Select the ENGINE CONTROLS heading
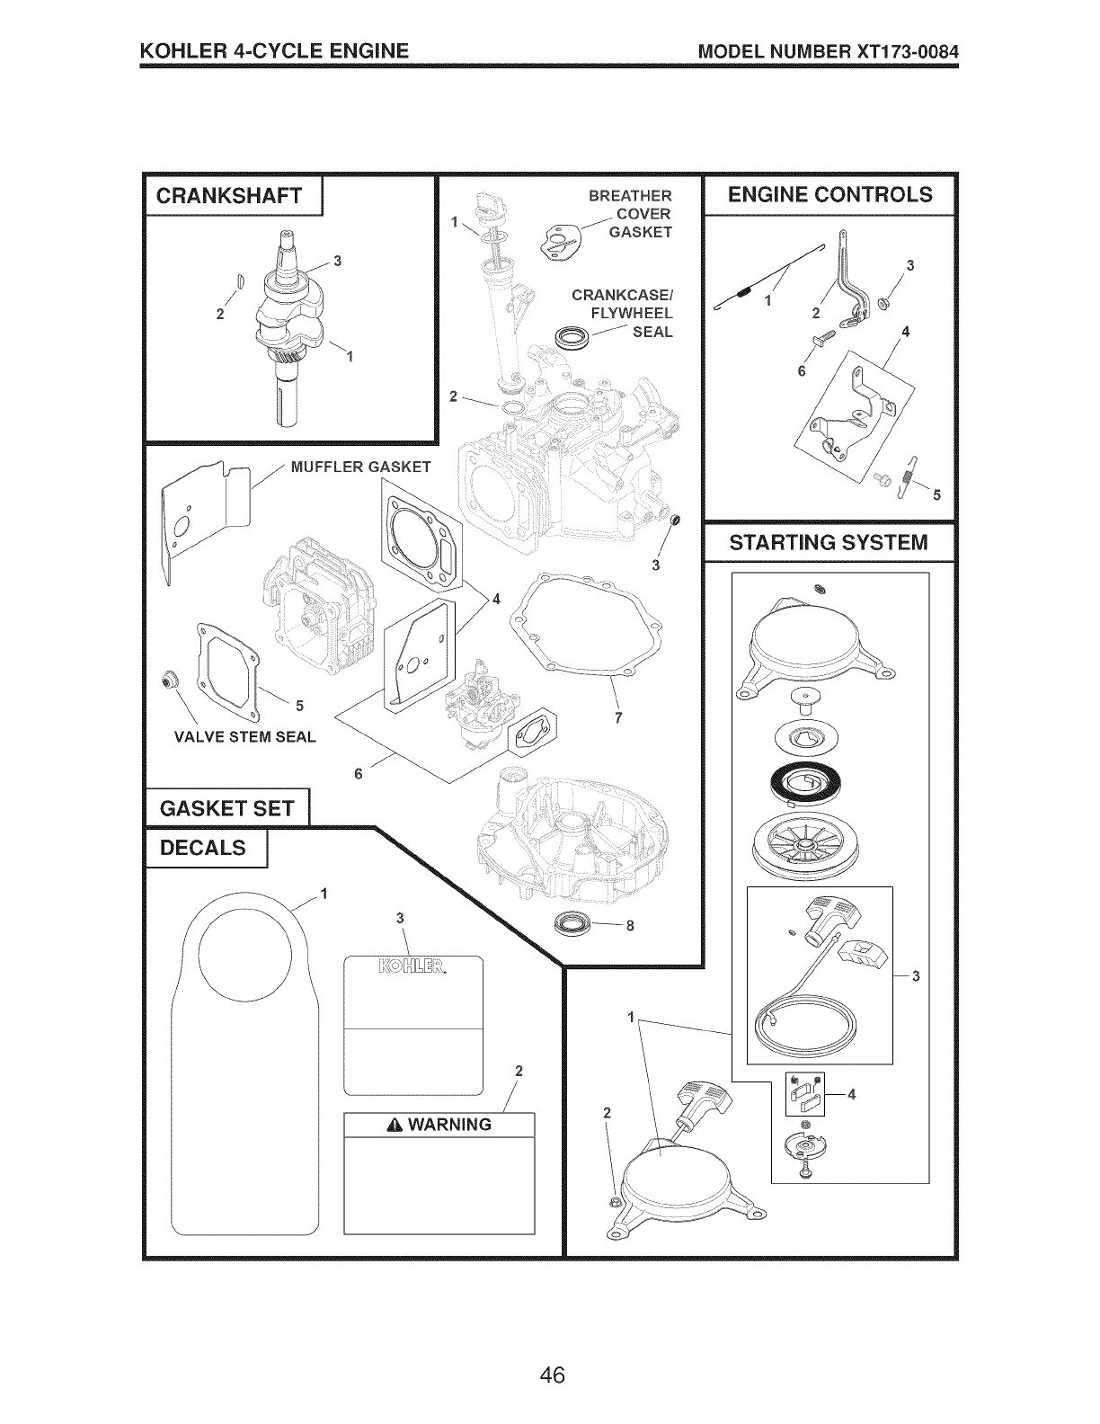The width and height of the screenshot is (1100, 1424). click(829, 194)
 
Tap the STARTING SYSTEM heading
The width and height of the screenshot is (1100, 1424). click(828, 542)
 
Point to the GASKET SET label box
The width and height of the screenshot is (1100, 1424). click(226, 807)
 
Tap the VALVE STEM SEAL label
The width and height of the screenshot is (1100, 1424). click(245, 737)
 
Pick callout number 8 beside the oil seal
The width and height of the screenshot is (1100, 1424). click(630, 928)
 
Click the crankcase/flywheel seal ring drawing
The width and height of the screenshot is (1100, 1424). click(570, 339)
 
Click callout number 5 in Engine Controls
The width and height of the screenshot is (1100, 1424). click(936, 494)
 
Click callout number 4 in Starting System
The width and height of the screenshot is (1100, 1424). click(852, 1093)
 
